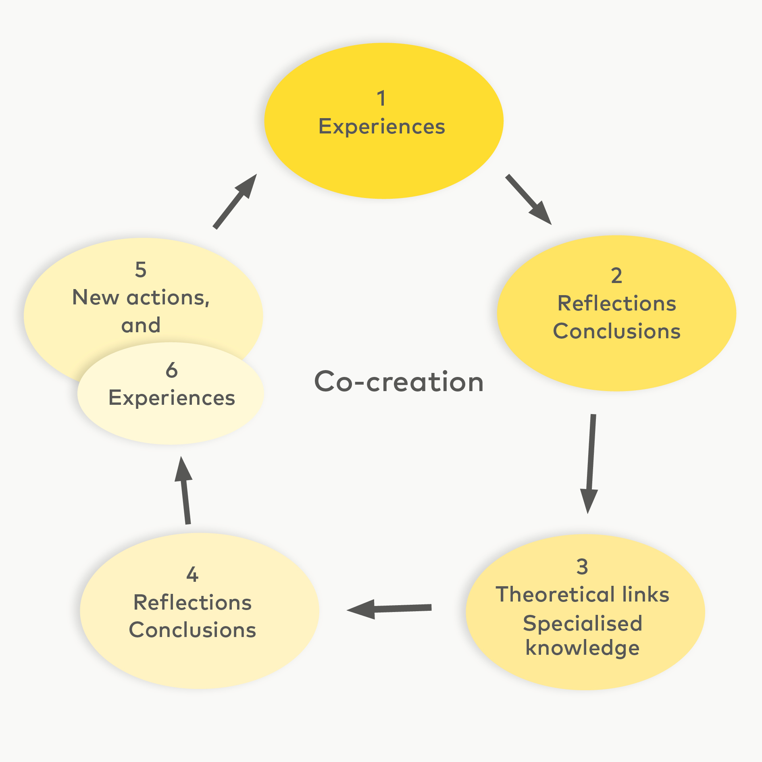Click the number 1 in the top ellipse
(x=381, y=98)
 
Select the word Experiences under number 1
(x=381, y=127)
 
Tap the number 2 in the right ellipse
(x=616, y=276)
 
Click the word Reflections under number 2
(x=616, y=304)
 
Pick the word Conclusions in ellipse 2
(x=616, y=331)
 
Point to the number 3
(x=582, y=566)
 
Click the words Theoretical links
(x=582, y=595)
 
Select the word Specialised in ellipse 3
(x=582, y=624)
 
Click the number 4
(x=192, y=574)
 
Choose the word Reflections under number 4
(x=192, y=603)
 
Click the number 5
(x=140, y=269)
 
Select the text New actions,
(x=141, y=298)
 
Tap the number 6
(x=171, y=370)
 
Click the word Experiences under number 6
(x=171, y=398)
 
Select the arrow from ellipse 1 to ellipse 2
(x=528, y=199)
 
